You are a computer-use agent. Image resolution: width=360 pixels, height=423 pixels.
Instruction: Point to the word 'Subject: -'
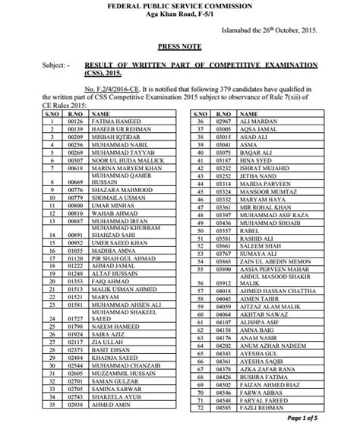[x=38, y=66]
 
